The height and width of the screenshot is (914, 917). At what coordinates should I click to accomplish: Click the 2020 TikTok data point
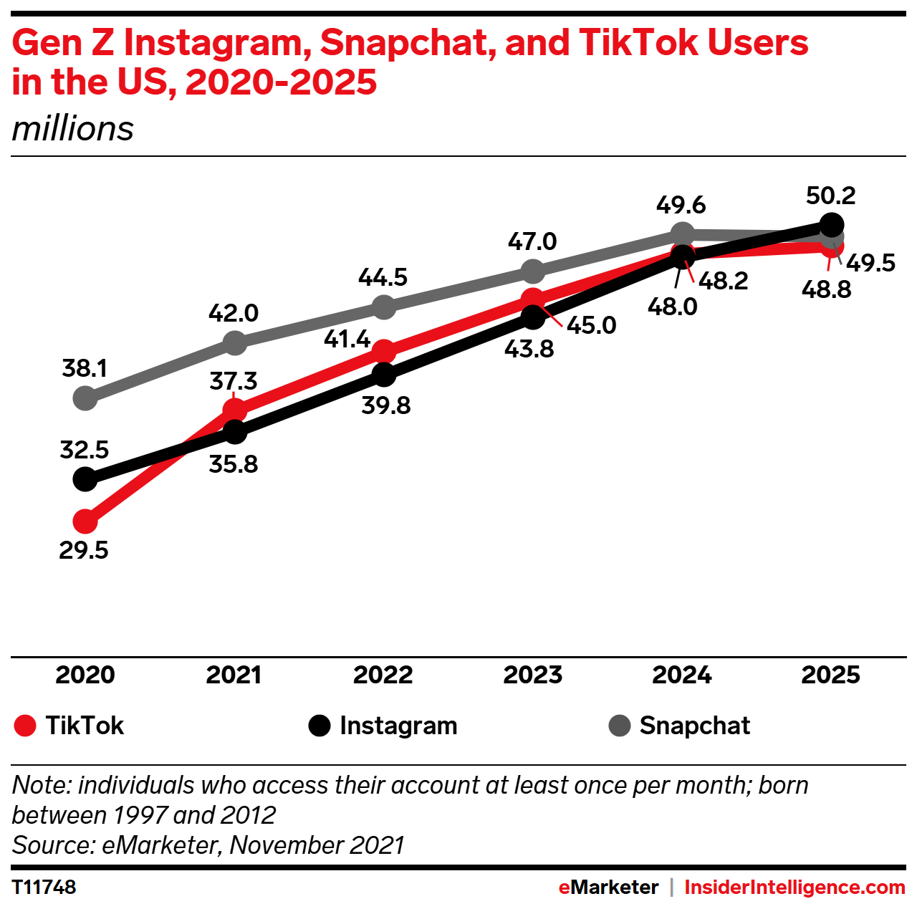click(85, 521)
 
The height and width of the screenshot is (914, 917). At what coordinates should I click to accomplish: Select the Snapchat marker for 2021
click(234, 343)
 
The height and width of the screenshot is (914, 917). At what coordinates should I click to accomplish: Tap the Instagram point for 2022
click(384, 374)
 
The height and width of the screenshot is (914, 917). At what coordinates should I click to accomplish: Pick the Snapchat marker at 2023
click(532, 271)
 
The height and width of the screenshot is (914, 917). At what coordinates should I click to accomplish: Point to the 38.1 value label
click(85, 368)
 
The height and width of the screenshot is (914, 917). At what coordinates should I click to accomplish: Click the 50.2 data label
click(830, 196)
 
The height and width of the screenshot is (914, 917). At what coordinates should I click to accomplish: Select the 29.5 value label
click(84, 550)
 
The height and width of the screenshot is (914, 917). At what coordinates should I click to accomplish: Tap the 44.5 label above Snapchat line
click(383, 277)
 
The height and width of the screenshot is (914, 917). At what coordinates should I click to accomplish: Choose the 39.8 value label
click(385, 405)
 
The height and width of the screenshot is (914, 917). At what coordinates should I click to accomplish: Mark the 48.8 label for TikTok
click(826, 289)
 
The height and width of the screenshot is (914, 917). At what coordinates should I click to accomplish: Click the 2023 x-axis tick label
click(532, 675)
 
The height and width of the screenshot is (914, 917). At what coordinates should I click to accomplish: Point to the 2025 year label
click(830, 675)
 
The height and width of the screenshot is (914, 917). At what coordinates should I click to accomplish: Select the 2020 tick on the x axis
click(85, 675)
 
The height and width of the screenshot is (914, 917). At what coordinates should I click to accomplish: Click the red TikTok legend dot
click(25, 726)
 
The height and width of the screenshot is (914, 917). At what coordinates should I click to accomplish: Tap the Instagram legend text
click(398, 726)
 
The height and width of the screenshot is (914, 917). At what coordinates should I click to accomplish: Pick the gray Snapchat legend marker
click(619, 726)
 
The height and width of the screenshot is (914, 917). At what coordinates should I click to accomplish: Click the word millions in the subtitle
click(73, 130)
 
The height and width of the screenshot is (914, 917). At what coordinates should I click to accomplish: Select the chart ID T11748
click(44, 887)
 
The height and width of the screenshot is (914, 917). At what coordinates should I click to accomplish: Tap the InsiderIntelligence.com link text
click(794, 887)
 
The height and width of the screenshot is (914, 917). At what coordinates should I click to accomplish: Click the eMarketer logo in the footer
click(608, 887)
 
